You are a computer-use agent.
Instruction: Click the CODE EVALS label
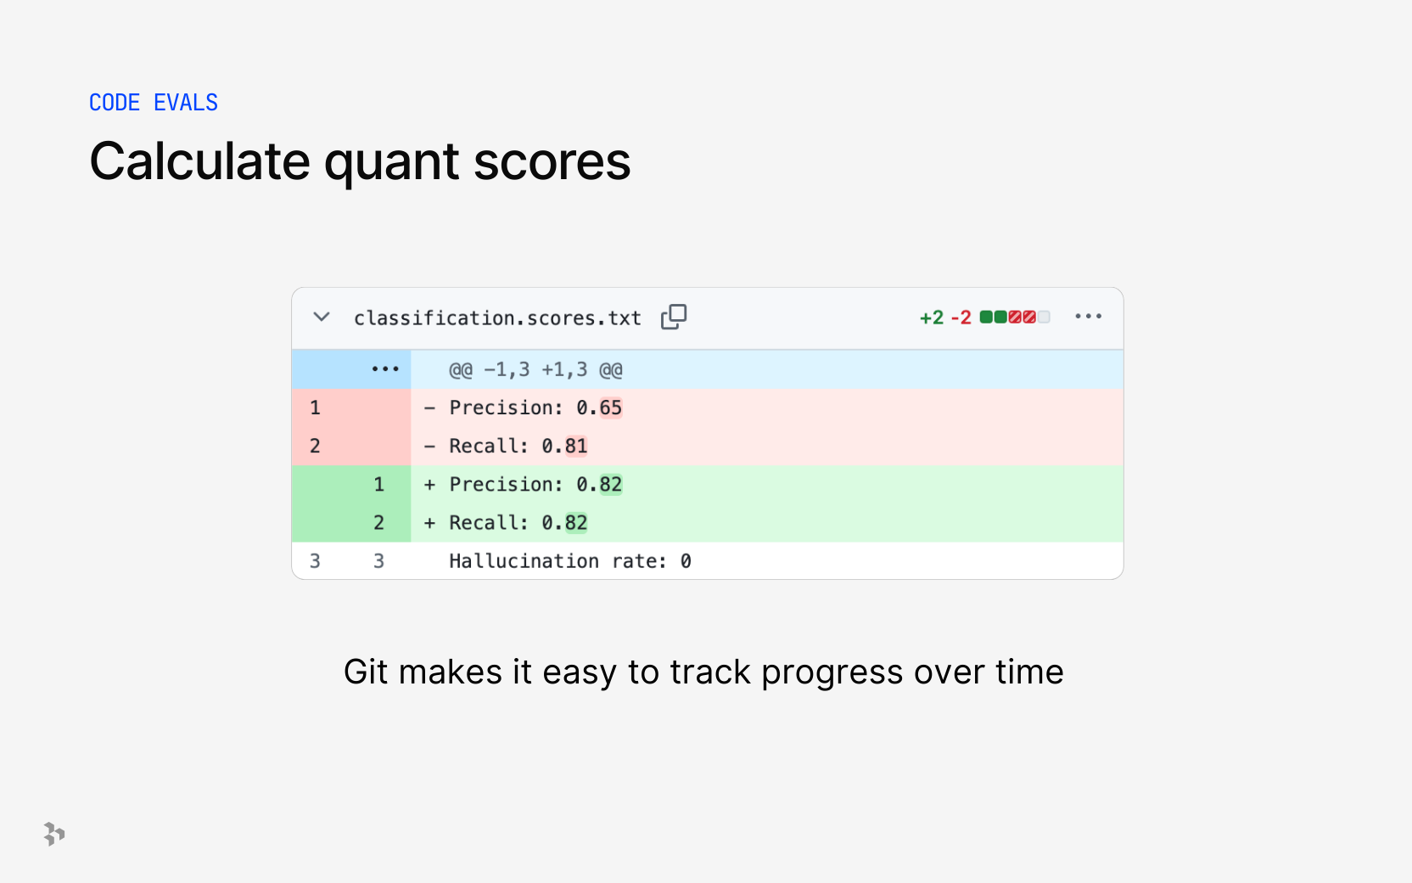tap(154, 102)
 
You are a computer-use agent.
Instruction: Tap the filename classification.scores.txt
tap(497, 318)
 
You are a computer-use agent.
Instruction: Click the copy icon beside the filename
tap(674, 317)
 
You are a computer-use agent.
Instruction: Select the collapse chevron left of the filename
tap(322, 317)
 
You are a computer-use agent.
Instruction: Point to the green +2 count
tap(932, 318)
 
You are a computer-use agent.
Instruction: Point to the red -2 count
tap(961, 318)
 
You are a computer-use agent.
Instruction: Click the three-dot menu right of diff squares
tap(1089, 316)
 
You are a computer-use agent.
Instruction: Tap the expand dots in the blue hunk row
tap(385, 369)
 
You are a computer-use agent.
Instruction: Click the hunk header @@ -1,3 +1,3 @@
tap(535, 369)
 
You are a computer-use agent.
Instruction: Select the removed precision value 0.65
tap(599, 408)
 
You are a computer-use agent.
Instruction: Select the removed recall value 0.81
tap(564, 447)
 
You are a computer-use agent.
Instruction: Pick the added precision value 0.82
tap(599, 485)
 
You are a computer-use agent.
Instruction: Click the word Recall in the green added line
tap(484, 523)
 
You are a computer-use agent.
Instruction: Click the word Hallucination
tap(524, 560)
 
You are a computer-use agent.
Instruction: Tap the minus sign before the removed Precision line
tap(429, 408)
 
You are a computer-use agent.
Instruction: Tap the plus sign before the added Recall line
tap(429, 523)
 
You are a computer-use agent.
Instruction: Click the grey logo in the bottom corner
tap(54, 834)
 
